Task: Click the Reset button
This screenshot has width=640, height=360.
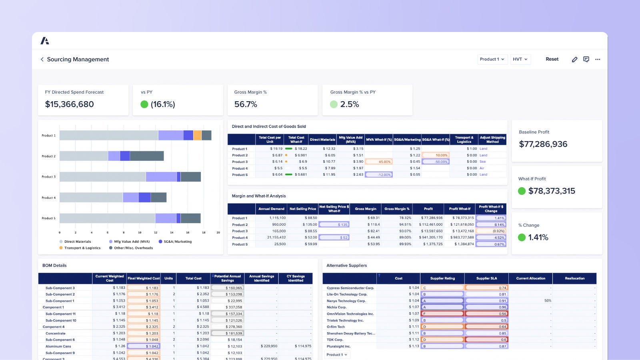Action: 552,59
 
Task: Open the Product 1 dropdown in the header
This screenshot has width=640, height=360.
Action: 492,59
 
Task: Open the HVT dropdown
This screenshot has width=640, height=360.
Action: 520,59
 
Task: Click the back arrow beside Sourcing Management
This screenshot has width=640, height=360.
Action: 42,59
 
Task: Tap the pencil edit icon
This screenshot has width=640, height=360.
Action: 574,59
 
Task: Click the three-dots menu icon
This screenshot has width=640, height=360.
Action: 598,59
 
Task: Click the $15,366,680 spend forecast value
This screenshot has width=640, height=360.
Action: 69,104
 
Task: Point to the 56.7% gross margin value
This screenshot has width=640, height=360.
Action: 246,104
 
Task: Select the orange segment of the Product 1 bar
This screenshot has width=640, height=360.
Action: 197,136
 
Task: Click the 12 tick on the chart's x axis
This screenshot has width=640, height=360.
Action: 156,232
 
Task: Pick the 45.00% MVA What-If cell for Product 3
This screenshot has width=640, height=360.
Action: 379,162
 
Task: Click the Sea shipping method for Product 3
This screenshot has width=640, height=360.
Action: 483,162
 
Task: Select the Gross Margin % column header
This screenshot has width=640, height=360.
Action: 396,209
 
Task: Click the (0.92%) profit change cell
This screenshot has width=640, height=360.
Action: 491,231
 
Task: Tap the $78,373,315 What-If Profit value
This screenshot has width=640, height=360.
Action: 551,191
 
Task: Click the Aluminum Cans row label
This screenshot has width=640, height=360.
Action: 58,346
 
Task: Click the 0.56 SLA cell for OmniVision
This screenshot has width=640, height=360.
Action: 486,314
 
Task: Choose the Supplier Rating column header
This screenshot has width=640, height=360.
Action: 442,278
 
